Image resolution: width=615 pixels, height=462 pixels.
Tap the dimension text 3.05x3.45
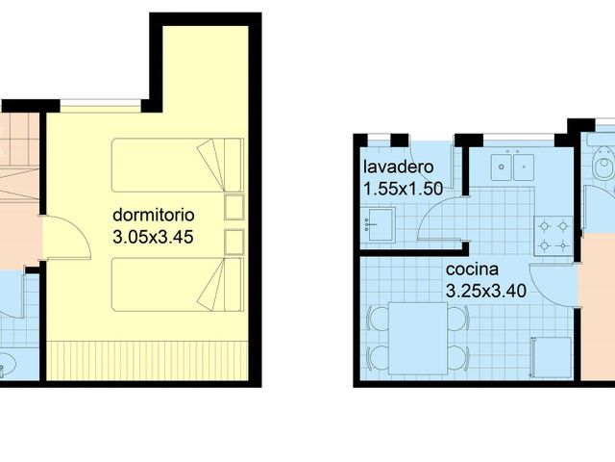point(154,236)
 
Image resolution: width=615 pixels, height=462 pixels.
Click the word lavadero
point(397,167)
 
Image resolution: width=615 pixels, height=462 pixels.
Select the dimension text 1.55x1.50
point(402,189)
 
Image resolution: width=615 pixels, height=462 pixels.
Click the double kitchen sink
point(510,167)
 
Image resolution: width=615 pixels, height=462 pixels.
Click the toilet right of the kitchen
point(603,168)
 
